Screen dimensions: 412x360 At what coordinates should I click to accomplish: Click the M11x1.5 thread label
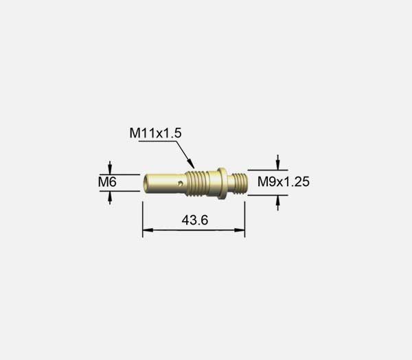155,133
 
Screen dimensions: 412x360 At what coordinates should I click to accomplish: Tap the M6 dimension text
107,182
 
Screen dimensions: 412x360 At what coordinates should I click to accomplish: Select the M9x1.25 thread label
284,181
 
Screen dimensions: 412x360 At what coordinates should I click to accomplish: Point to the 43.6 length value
195,220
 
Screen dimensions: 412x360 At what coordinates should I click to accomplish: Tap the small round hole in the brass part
180,183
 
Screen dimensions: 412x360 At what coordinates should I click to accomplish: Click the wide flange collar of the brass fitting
222,183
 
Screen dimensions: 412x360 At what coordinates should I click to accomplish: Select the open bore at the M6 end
146,183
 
